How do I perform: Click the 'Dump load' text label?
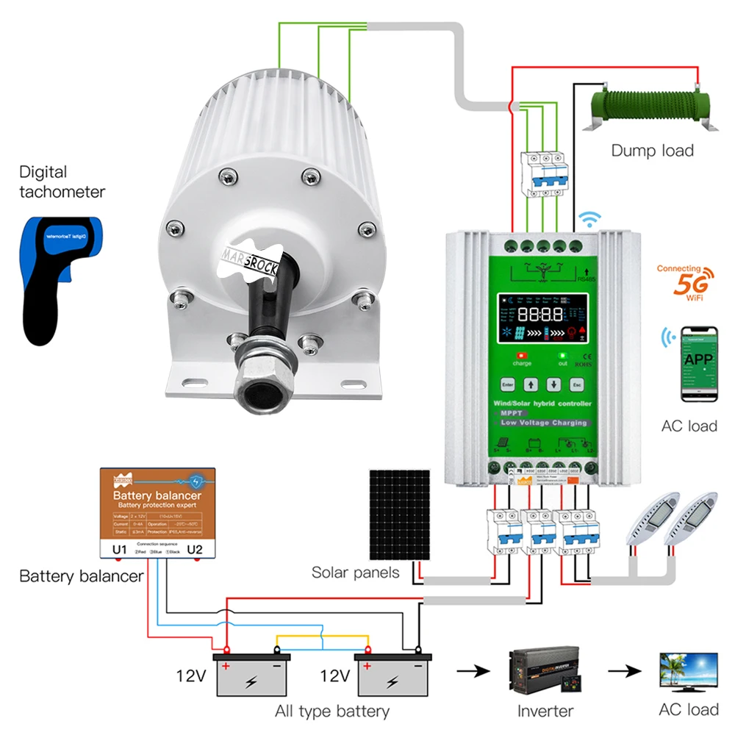tap(652, 151)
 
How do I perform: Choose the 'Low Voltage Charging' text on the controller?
tap(543, 423)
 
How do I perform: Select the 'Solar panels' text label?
tap(355, 572)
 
